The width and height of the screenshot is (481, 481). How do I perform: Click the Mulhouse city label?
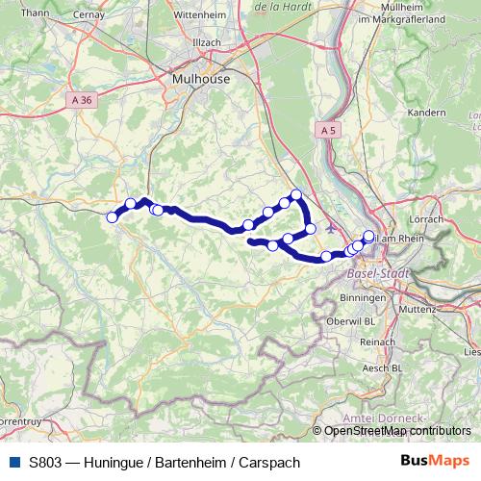(x=199, y=79)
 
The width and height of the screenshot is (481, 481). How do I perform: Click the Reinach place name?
(x=376, y=342)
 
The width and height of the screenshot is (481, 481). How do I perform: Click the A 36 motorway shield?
(x=82, y=99)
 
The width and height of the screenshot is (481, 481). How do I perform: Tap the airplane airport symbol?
(x=333, y=229)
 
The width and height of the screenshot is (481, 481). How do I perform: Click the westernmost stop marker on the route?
(x=112, y=217)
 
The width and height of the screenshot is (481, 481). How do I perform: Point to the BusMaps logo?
(x=436, y=462)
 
